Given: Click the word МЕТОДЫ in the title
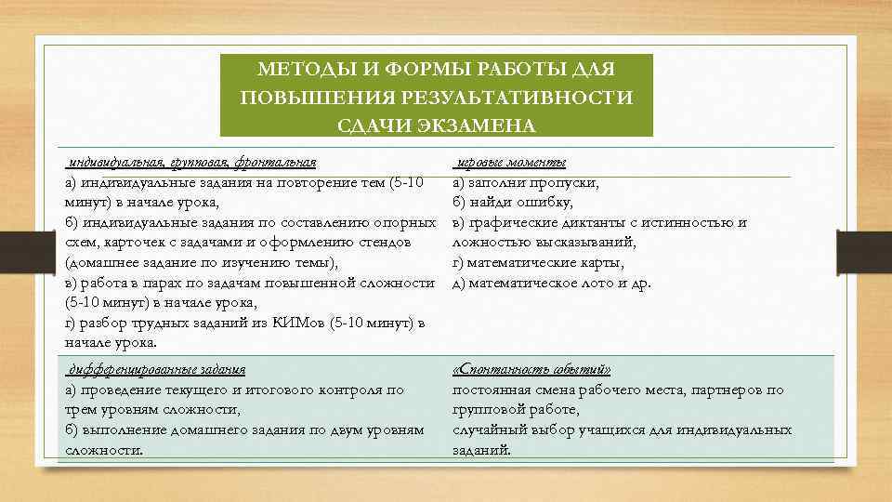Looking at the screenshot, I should [295, 70].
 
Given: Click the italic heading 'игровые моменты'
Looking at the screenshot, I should [510, 163].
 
